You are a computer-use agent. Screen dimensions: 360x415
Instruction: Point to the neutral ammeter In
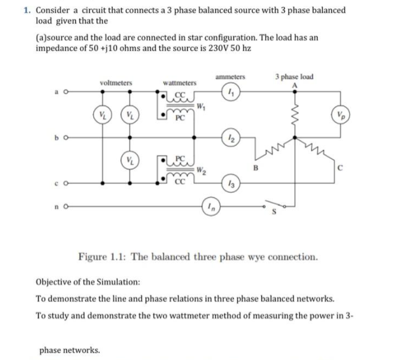coord(212,208)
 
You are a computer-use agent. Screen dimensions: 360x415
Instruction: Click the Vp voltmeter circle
coord(340,115)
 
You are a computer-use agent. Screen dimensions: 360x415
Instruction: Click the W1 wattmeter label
coord(201,106)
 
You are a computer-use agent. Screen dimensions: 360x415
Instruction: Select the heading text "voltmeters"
coord(115,82)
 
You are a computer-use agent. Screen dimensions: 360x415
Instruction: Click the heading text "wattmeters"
coord(179,82)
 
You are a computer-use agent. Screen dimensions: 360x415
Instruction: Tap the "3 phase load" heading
coord(295,76)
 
